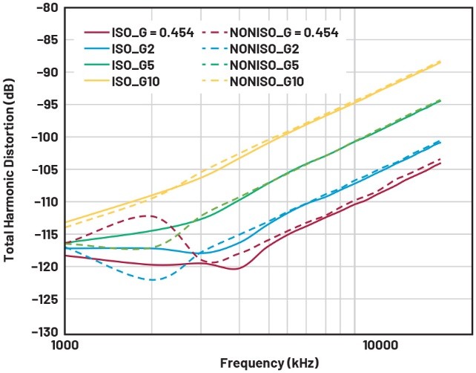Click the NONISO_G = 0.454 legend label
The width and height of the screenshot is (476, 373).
pos(282,32)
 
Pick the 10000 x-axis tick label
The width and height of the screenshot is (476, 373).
pos(380,346)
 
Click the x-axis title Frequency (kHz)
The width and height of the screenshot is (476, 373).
pos(264,364)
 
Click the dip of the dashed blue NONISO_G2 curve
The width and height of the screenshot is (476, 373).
pos(152,280)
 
